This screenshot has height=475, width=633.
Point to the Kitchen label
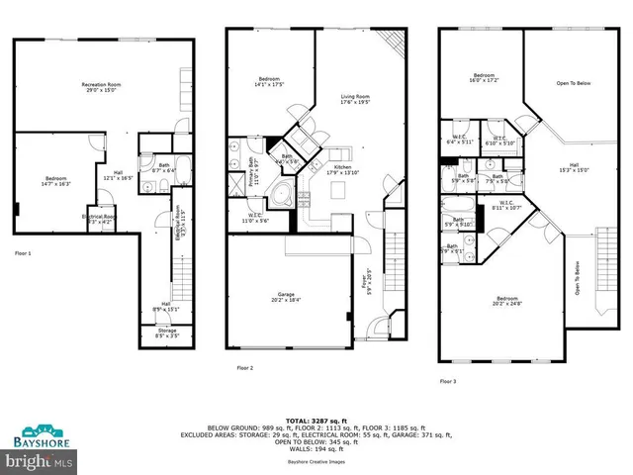coord(341,169)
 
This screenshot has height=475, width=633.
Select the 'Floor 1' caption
coord(22,254)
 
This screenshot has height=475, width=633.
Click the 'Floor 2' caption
coord(245,368)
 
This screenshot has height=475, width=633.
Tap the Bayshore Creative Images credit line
coord(316,462)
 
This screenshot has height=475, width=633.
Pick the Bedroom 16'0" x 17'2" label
coord(484,78)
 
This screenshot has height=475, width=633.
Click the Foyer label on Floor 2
coord(368,287)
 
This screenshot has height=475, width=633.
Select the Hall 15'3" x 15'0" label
coord(574,167)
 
